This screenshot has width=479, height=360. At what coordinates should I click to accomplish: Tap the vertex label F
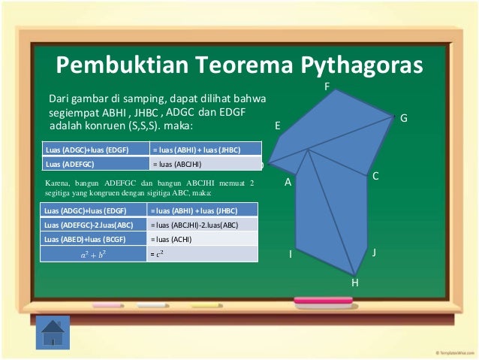326,88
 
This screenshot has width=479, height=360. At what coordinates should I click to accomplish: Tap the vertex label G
403,119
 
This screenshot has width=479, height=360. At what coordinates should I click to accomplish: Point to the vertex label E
278,127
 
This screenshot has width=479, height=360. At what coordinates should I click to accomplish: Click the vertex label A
288,183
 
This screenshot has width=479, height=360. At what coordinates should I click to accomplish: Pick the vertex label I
290,256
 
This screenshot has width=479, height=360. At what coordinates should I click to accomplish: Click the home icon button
53,331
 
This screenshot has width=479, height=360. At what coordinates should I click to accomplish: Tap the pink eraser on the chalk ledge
323,302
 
